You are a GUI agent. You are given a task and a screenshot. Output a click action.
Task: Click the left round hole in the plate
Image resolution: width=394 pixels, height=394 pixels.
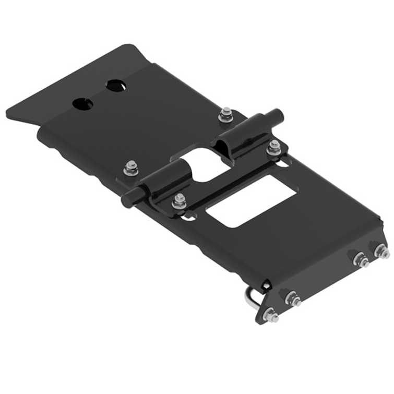82,104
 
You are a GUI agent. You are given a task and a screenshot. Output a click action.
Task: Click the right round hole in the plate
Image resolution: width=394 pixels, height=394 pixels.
115,86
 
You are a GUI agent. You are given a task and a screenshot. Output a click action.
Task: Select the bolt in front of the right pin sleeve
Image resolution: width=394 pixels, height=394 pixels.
274,148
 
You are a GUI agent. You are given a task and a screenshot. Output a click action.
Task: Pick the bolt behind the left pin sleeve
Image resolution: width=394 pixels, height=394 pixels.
132,168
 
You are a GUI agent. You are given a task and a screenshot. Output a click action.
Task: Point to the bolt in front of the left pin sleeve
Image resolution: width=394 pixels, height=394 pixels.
179,201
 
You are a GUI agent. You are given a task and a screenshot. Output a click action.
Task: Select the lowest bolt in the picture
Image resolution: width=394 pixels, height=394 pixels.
270,315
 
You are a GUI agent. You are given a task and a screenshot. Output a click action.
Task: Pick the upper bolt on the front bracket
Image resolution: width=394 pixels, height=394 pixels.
293,299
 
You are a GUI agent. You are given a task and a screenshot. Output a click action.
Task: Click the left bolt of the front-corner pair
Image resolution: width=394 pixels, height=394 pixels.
360,259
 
